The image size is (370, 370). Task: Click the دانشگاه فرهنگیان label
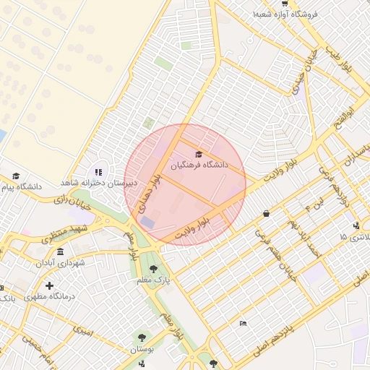(199, 165)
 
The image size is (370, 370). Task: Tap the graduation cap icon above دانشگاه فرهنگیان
(199, 153)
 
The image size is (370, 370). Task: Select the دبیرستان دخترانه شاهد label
(93, 183)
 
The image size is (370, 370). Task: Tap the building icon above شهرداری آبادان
(59, 251)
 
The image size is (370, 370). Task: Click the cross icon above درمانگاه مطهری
(49, 285)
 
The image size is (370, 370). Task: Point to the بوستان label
(142, 349)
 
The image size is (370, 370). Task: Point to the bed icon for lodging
(243, 322)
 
